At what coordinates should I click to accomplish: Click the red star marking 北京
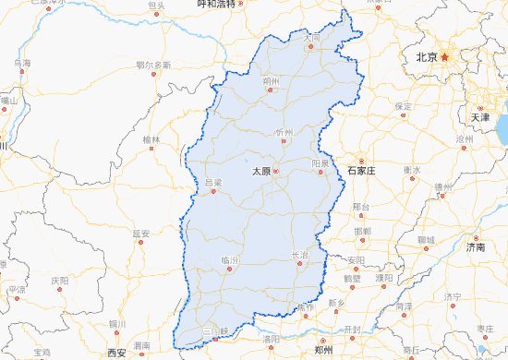click(445, 57)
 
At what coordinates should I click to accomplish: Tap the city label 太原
click(262, 171)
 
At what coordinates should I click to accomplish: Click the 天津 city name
click(481, 118)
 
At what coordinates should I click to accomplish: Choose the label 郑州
click(323, 352)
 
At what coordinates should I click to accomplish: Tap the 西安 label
click(115, 353)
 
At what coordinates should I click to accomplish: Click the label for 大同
click(314, 38)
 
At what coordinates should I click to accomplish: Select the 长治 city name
click(299, 255)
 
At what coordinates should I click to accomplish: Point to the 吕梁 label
click(213, 182)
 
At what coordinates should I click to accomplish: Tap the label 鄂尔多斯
click(153, 65)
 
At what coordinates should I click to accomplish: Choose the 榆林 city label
click(151, 139)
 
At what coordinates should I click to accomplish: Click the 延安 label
click(140, 233)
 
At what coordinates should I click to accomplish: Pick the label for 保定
click(404, 106)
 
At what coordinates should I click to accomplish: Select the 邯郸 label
click(362, 230)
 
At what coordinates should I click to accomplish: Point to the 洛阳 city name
click(272, 339)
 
